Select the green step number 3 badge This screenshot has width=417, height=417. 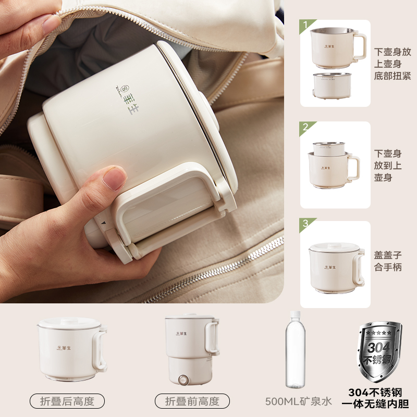click(306, 226)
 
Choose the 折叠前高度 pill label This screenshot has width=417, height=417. click(192, 401)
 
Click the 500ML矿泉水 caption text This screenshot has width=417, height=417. click(298, 401)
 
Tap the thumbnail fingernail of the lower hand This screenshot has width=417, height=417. click(114, 179)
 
